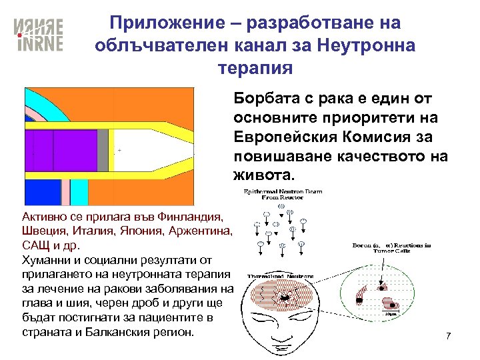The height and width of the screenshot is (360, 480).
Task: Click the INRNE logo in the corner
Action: click(x=39, y=35)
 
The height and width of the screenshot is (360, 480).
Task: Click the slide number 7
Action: click(x=449, y=335)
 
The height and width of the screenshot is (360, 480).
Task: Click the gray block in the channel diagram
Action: click(x=103, y=151)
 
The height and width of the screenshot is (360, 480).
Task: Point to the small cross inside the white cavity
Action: click(x=119, y=151)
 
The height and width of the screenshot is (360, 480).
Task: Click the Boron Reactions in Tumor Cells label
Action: click(x=391, y=249)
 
